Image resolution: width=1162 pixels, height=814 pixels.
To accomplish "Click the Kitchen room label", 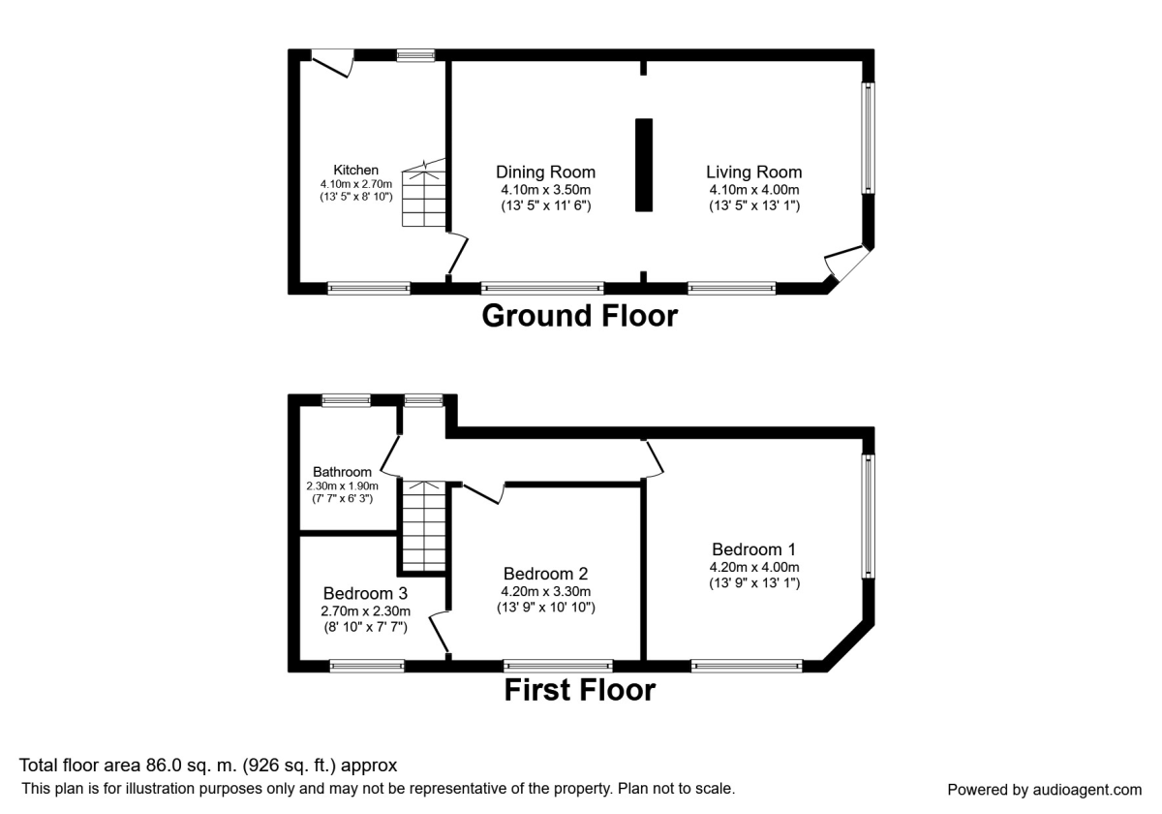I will pyautogui.click(x=355, y=170).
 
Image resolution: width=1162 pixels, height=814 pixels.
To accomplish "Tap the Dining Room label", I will pyautogui.click(x=545, y=172).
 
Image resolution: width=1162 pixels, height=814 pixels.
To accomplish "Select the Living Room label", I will pyautogui.click(x=753, y=172).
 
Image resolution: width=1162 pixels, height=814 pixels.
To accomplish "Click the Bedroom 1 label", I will pyautogui.click(x=753, y=548).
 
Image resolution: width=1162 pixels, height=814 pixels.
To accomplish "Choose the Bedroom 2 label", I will pyautogui.click(x=545, y=574).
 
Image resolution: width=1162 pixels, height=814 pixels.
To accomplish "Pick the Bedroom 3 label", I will pyautogui.click(x=365, y=593).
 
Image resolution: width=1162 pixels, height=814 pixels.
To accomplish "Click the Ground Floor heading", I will pyautogui.click(x=579, y=316).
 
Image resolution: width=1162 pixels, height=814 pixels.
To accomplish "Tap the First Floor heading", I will pyautogui.click(x=579, y=690).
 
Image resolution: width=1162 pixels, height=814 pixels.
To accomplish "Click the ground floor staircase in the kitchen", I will pyautogui.click(x=423, y=194).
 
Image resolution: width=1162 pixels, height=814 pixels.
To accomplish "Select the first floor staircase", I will pyautogui.click(x=423, y=528).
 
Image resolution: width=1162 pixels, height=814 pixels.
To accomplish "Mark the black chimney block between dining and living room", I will pyautogui.click(x=644, y=165).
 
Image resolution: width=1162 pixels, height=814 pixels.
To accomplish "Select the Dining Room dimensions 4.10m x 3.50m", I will pyautogui.click(x=545, y=190).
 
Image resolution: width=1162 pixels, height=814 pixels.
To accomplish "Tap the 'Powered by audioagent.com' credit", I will pyautogui.click(x=1044, y=789).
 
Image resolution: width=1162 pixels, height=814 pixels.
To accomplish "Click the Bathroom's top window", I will pyautogui.click(x=346, y=399).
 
